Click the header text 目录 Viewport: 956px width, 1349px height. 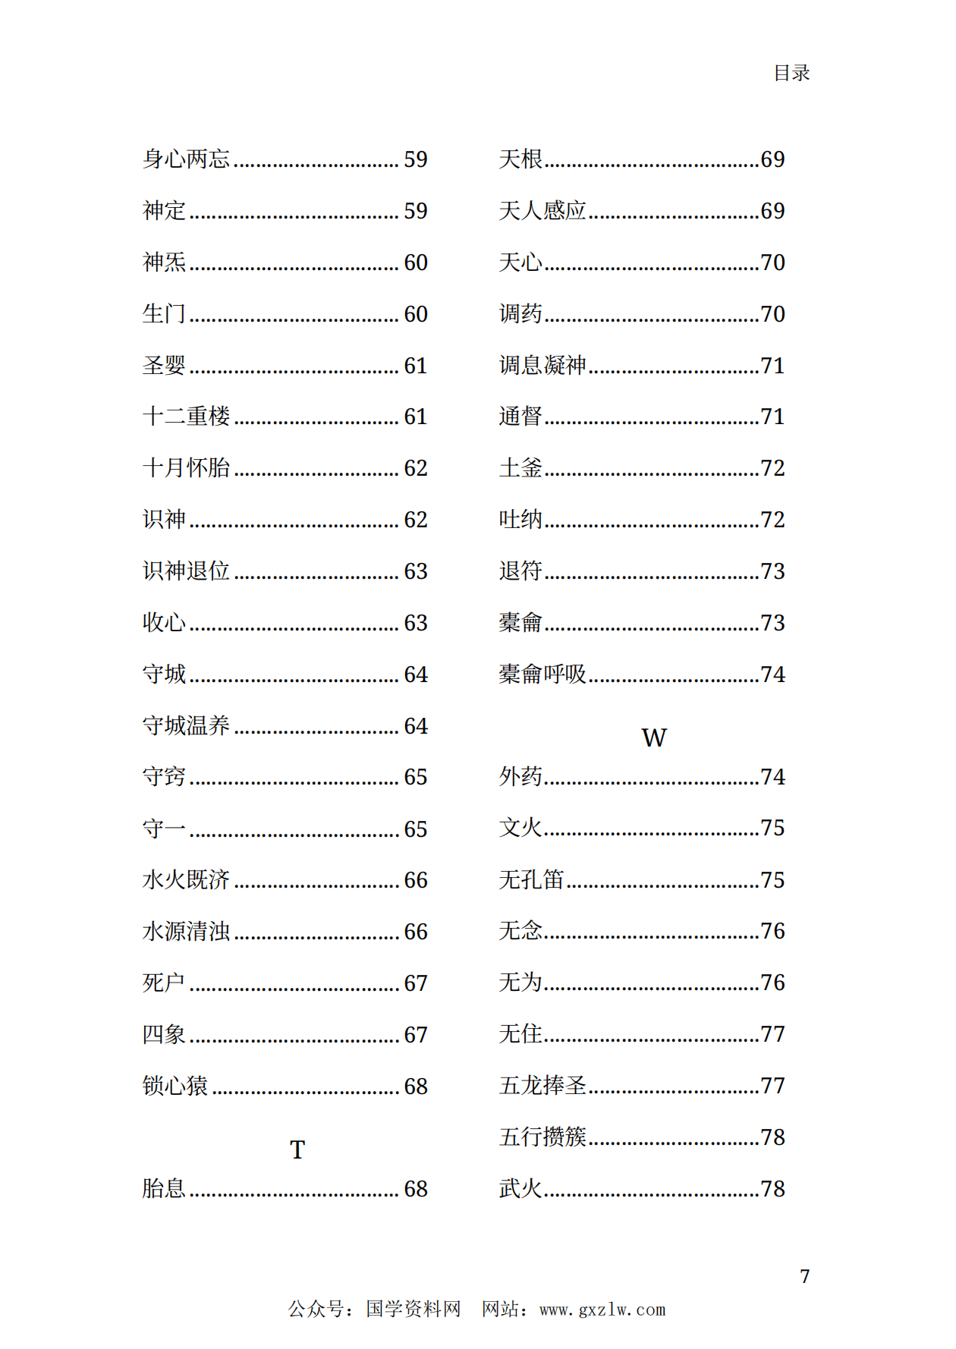(x=791, y=73)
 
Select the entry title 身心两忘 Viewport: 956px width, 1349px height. (x=186, y=159)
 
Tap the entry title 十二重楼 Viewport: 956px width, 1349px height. (x=186, y=416)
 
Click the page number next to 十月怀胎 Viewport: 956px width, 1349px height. (x=415, y=468)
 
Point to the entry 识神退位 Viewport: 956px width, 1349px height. (x=186, y=571)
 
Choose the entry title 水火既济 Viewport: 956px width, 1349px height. (x=186, y=879)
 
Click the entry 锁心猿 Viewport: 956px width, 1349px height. (x=175, y=1086)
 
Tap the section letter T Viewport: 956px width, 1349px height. (x=297, y=1149)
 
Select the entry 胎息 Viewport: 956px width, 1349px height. (x=164, y=1188)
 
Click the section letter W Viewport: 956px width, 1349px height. (x=653, y=737)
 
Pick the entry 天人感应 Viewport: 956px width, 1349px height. (x=542, y=210)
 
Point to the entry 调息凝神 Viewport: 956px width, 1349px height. (x=542, y=365)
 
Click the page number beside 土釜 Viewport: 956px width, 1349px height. (x=772, y=468)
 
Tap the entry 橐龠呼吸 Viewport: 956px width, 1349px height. (x=542, y=674)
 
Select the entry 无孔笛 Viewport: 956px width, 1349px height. (x=531, y=879)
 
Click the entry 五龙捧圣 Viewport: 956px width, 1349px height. (x=542, y=1085)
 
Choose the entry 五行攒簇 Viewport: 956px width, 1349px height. (x=542, y=1137)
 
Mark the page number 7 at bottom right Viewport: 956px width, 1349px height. (x=804, y=1276)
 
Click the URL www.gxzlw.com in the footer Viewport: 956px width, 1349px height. (x=602, y=1310)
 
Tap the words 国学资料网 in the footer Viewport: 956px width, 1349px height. (x=413, y=1309)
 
